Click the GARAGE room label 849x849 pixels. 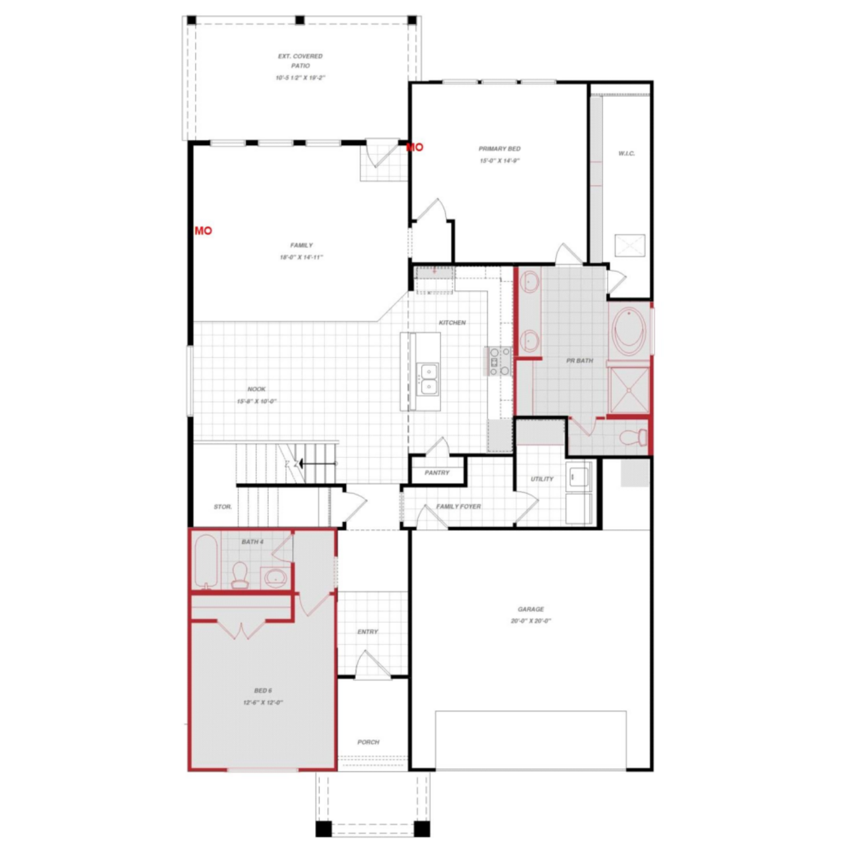point(531,609)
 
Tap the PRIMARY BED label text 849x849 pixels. point(499,149)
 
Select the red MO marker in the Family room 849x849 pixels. point(203,231)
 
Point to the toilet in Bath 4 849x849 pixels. point(240,575)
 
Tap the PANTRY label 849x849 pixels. point(437,473)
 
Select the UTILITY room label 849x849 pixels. point(542,479)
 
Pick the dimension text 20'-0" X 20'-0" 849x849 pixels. point(531,621)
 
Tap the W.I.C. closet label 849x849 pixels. point(626,153)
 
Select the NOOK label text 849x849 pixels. point(256,389)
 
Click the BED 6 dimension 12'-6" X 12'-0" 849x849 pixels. point(263,702)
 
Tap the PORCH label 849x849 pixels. point(368,742)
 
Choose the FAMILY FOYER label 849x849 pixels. point(458,506)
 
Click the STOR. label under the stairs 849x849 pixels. point(222,507)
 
